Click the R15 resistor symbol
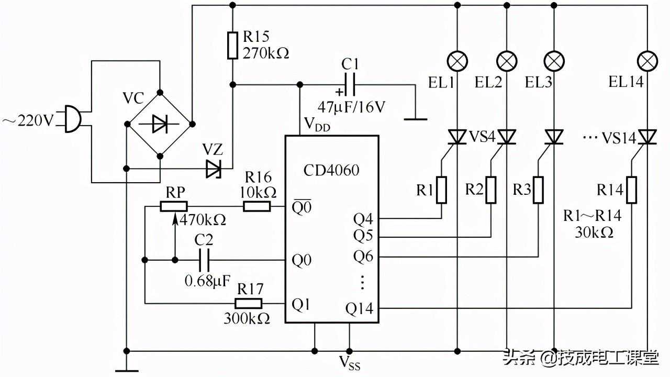click(232, 46)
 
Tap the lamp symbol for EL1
click(459, 61)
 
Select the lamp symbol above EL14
click(649, 61)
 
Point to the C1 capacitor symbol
click(350, 84)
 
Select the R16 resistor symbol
click(257, 207)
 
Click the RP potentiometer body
click(173, 207)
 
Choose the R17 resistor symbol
click(249, 303)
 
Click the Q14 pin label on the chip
click(359, 308)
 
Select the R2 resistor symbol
click(491, 190)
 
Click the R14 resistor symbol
click(632, 190)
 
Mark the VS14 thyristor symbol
click(648, 138)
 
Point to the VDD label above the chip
click(317, 126)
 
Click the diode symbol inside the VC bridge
click(160, 124)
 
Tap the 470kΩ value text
click(203, 220)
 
